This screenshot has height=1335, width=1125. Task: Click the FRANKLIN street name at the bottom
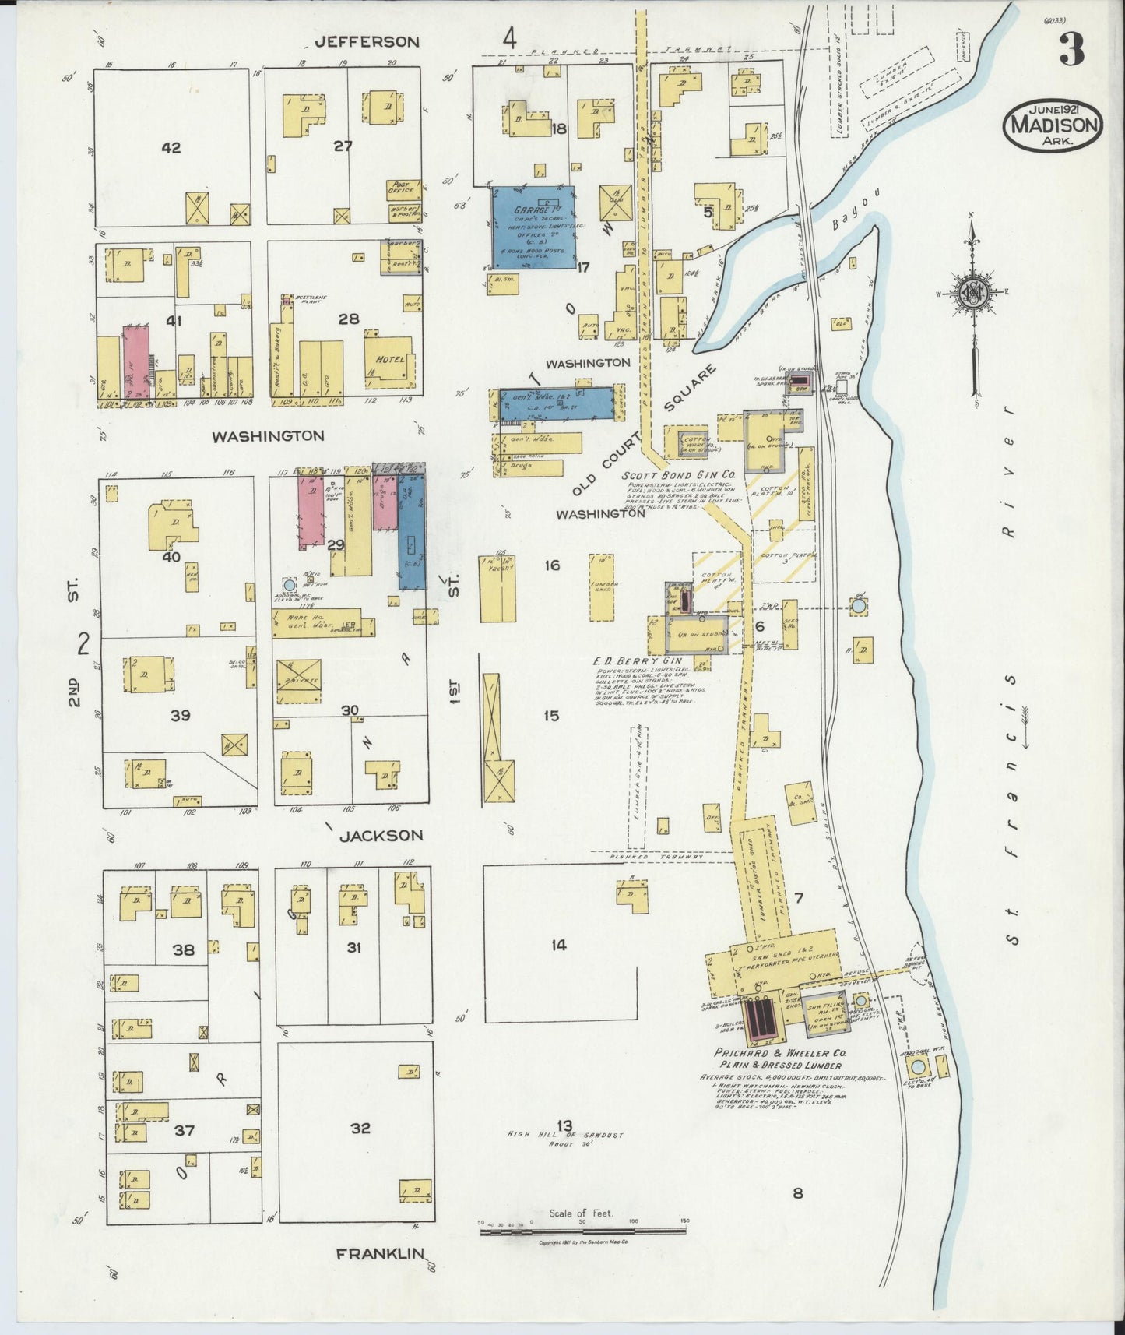click(379, 1276)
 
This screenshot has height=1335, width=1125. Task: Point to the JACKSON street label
click(381, 835)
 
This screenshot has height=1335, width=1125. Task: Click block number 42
click(171, 147)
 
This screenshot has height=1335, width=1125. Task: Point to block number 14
click(558, 946)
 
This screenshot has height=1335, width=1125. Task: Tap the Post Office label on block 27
click(405, 188)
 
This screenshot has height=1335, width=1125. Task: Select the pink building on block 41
click(136, 363)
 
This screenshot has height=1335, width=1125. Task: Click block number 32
click(360, 1128)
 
